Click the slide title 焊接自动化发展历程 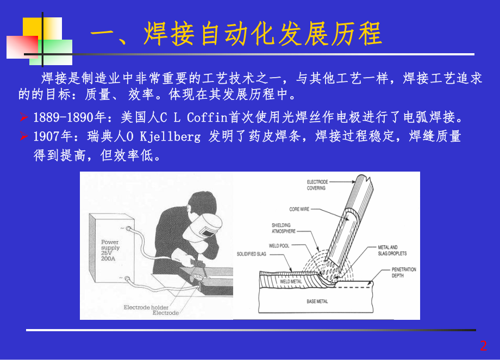coord(236,34)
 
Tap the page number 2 coord(483,345)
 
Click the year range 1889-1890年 coord(60,117)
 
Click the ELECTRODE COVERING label coord(316,185)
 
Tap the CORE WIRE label coord(299,209)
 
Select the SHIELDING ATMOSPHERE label coord(284,228)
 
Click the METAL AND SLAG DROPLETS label coord(392,251)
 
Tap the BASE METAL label coord(317,301)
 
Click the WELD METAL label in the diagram coord(291,281)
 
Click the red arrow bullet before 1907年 coord(23,136)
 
